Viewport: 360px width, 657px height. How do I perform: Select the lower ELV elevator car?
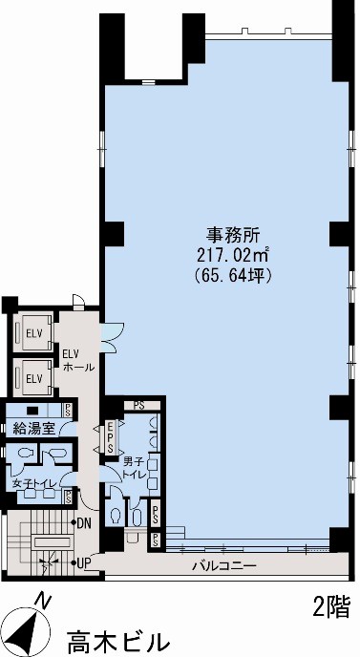34,378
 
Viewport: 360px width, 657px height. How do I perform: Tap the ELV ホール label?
78,361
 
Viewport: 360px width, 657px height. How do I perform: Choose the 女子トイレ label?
34,482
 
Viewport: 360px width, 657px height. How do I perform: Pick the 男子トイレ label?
134,469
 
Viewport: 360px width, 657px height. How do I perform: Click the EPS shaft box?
111,437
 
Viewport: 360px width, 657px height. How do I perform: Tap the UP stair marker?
84,562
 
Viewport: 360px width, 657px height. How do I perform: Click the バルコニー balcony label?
224,566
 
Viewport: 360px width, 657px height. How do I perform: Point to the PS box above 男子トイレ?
139,405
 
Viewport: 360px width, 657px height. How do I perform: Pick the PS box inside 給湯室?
67,409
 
